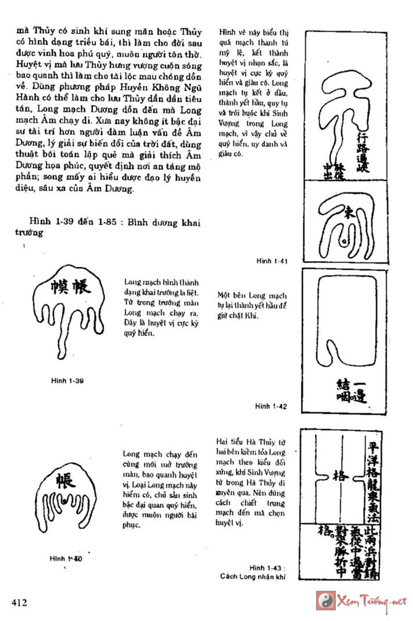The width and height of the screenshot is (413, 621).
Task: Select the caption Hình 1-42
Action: pos(270,406)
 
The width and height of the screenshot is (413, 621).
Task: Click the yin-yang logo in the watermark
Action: pos(324,599)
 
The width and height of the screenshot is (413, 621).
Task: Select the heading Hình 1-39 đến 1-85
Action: pos(69,222)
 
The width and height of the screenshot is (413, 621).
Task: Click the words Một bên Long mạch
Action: pos(252,295)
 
